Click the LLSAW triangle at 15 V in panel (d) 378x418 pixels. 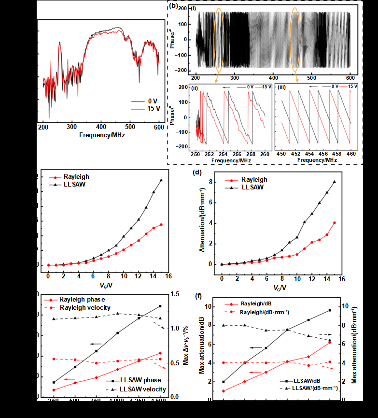334,182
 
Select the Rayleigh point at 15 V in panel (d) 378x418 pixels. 334,223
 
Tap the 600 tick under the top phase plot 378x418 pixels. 350,78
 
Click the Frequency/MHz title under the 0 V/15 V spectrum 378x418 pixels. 102,135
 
